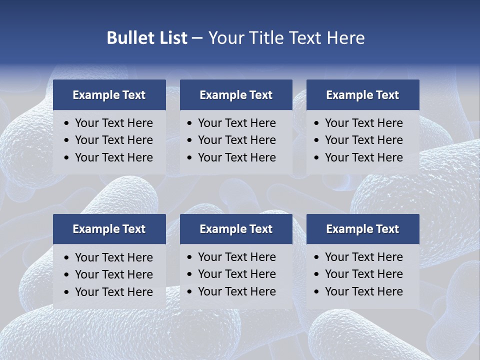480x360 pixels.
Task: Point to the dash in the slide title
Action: [x=197, y=38]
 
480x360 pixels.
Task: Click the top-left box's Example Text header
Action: [x=109, y=95]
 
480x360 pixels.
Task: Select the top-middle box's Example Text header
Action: [x=236, y=95]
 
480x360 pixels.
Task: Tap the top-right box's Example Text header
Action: [x=362, y=95]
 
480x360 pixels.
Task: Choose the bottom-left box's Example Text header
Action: [x=109, y=229]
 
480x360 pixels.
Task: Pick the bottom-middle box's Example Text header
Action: [x=236, y=229]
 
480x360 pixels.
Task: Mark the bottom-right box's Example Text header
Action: [x=362, y=229]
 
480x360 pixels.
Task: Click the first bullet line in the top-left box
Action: [x=113, y=123]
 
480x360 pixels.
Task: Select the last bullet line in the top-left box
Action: [x=113, y=157]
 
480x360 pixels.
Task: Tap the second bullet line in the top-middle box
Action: [x=236, y=140]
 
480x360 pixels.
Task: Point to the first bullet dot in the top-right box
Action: [x=317, y=123]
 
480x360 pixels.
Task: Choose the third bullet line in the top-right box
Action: [x=363, y=157]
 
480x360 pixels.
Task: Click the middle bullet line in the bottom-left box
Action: [x=113, y=274]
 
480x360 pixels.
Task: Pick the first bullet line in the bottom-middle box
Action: [x=236, y=257]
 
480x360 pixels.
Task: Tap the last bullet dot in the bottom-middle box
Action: [x=190, y=292]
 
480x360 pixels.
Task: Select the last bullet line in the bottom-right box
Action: [x=363, y=291]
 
